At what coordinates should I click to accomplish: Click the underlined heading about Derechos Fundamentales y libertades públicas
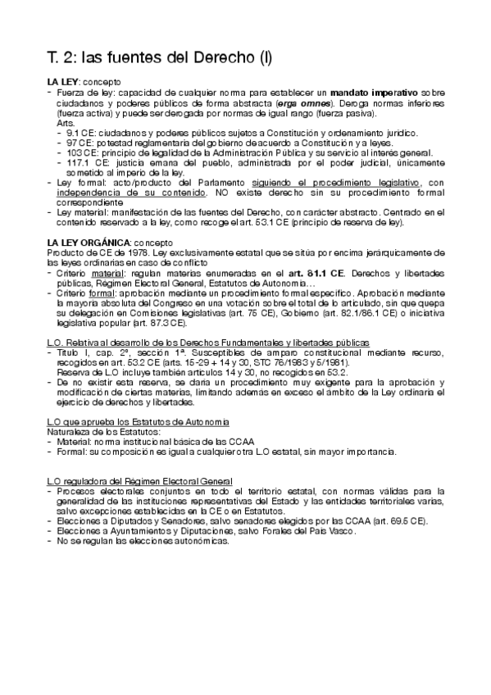[x=207, y=342]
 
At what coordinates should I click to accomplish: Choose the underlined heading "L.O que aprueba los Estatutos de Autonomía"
[x=138, y=421]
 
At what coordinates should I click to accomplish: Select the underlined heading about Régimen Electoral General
[x=139, y=480]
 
